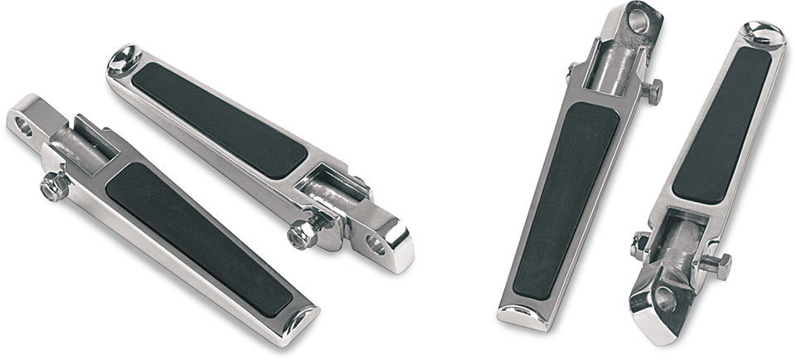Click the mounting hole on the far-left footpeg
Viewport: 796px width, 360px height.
(x=24, y=127)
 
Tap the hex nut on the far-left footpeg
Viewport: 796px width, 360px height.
(x=54, y=187)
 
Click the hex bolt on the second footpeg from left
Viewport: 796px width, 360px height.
(x=303, y=235)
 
